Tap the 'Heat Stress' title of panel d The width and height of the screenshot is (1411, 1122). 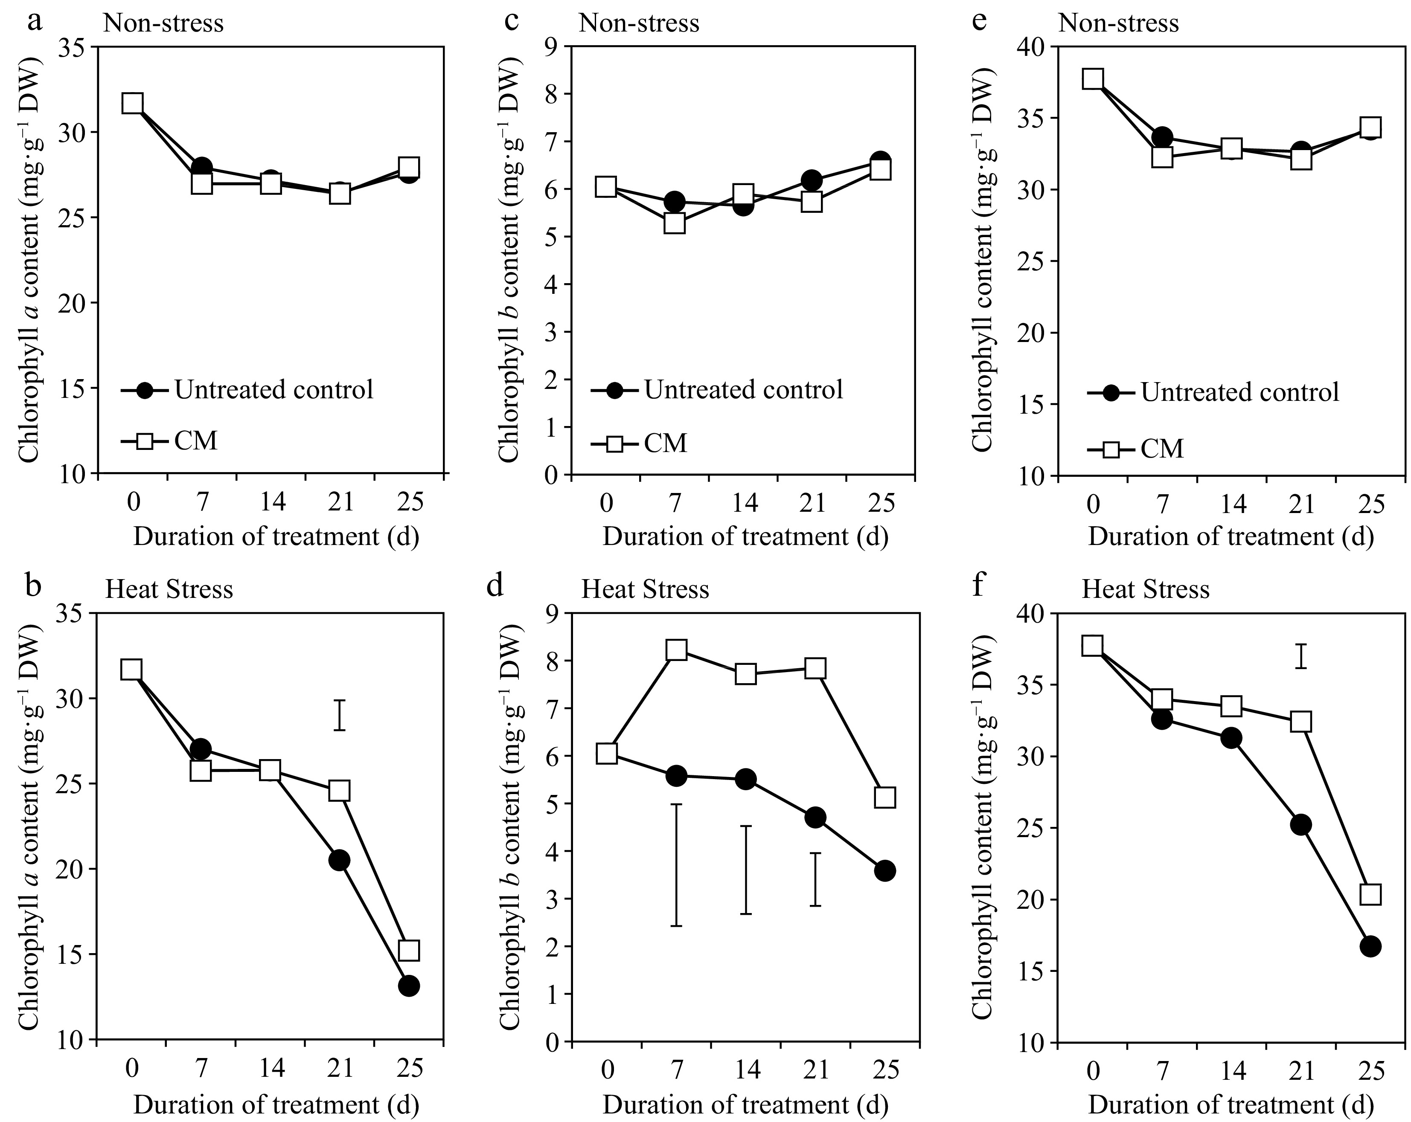(645, 589)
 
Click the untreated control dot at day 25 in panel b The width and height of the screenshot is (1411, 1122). (409, 986)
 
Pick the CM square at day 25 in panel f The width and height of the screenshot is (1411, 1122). (1370, 894)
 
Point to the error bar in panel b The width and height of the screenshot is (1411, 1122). (339, 715)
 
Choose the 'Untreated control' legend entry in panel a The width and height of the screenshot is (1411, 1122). (247, 390)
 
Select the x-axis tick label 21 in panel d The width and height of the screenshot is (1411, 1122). (815, 1070)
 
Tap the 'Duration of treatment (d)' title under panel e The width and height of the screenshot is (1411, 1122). (1231, 536)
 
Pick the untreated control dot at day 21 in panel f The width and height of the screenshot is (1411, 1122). (1301, 824)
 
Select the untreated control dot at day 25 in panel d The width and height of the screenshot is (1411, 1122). (884, 871)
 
